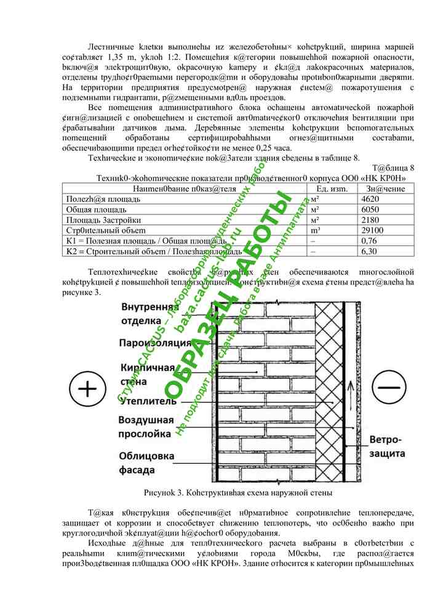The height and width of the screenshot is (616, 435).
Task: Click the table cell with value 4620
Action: (x=370, y=199)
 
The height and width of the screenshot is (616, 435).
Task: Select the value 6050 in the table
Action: (x=370, y=209)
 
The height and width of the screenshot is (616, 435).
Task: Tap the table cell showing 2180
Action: (x=370, y=220)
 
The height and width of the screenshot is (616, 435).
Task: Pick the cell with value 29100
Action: (x=373, y=230)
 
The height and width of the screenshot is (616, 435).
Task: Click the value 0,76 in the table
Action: (x=369, y=241)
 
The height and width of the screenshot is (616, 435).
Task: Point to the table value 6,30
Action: (x=369, y=251)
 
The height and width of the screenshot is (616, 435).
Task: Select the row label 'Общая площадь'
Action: (x=92, y=209)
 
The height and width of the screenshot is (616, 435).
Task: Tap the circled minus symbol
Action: (x=389, y=389)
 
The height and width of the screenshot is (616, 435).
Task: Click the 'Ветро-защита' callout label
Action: (x=386, y=447)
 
